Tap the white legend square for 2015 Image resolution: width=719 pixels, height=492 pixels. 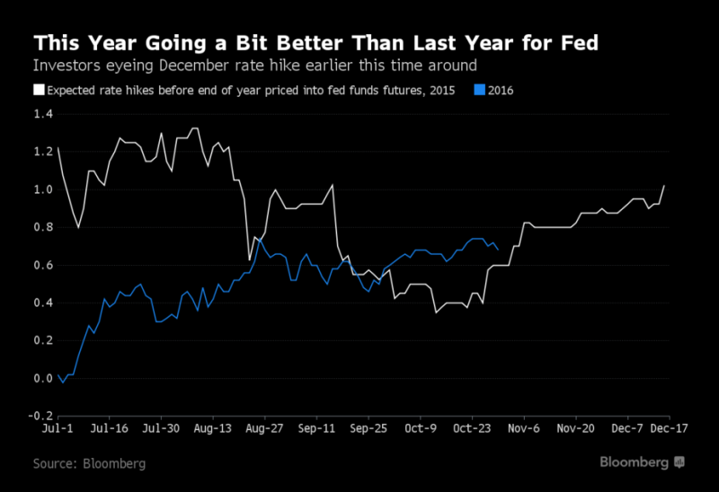click(x=39, y=89)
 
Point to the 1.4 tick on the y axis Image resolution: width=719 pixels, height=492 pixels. click(x=41, y=114)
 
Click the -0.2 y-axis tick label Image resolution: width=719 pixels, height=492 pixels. click(x=40, y=416)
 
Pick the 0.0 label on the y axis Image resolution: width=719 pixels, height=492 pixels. click(x=41, y=378)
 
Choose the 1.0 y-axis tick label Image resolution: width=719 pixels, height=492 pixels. click(x=41, y=189)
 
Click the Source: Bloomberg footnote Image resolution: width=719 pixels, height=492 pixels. click(x=89, y=464)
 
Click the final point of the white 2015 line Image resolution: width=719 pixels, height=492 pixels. click(x=664, y=186)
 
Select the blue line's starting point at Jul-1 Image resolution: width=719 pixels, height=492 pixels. click(x=58, y=375)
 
